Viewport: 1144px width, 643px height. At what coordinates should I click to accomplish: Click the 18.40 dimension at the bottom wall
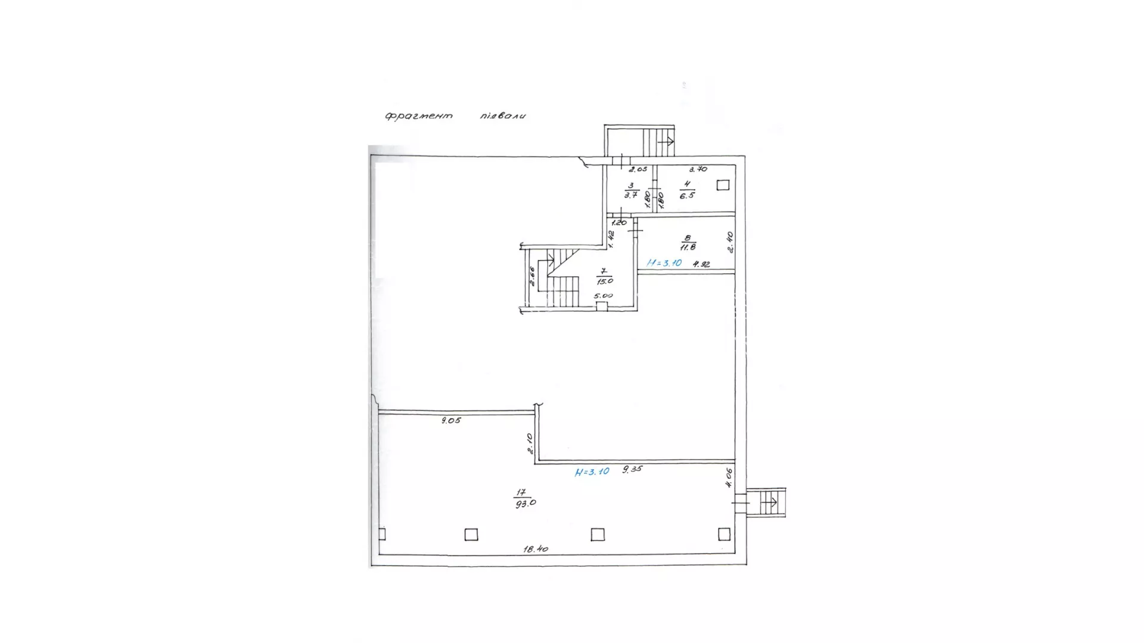coord(536,549)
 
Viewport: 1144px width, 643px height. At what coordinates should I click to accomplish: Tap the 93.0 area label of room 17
coord(525,502)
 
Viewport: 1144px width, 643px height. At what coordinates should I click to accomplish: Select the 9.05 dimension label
coord(451,420)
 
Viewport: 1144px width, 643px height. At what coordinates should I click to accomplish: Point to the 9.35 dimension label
coord(632,469)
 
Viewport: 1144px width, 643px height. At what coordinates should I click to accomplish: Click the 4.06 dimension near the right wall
coord(729,477)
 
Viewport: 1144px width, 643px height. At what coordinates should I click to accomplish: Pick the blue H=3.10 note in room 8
coord(664,263)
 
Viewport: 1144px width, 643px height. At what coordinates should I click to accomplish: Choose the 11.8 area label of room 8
coord(688,246)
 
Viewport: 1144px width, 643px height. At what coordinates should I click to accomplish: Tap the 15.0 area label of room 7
coord(605,280)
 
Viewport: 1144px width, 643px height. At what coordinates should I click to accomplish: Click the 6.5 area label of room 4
coord(687,195)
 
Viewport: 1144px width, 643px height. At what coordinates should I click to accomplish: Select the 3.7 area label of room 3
coord(631,195)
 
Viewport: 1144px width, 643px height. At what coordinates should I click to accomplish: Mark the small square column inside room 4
coord(723,185)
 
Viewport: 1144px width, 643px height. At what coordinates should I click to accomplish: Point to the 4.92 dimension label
coord(701,264)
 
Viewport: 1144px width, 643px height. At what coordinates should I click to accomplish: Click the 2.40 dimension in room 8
coord(730,242)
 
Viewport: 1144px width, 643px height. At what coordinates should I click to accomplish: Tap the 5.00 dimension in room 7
coord(603,295)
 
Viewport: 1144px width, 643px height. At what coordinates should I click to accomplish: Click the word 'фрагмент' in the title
coord(419,116)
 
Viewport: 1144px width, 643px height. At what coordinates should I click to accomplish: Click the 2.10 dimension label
coord(530,444)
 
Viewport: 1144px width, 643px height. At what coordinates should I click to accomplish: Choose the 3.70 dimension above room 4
coord(698,169)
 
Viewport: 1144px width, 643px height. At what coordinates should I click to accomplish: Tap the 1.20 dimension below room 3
coord(619,222)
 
